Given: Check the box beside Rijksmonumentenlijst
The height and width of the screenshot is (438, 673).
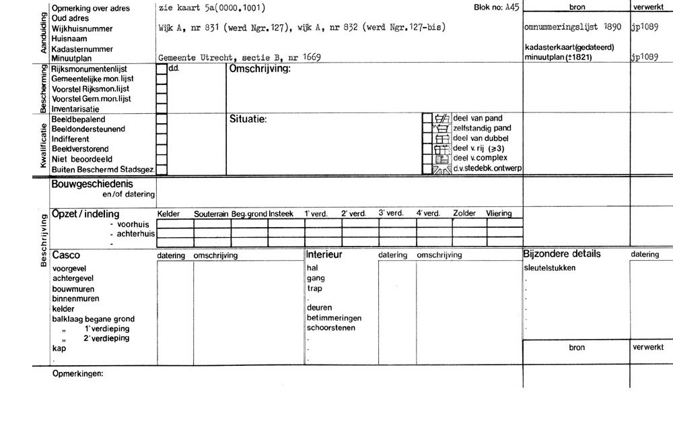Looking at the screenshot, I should tap(162, 69).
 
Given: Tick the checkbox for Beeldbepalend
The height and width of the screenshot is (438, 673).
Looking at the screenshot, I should tap(162, 119).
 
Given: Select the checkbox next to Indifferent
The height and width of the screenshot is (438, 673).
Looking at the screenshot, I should tap(162, 139).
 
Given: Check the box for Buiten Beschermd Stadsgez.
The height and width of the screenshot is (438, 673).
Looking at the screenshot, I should tap(162, 169).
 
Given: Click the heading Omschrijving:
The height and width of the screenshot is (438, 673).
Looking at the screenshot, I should tap(260, 69).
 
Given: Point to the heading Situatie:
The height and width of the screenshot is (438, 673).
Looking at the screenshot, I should tap(248, 119).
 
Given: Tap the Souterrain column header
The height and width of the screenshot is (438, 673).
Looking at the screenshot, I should tap(212, 214).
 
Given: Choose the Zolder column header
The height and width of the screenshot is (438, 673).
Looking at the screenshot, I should tap(464, 214).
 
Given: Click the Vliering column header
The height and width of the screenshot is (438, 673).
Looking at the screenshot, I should tap(499, 214).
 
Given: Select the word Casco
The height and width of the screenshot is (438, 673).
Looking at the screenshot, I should tap(66, 255).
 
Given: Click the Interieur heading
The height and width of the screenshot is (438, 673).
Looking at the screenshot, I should tap(324, 255).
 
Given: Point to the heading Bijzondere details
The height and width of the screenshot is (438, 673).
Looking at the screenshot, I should tap(561, 254).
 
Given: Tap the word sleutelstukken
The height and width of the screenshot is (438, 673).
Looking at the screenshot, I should tap(549, 268).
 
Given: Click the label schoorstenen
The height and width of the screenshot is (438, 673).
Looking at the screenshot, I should tap(331, 328).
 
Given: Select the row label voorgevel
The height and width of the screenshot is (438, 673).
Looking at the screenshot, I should tap(69, 268).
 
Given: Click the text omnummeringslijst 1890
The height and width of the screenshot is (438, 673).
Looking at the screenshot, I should tap(572, 29).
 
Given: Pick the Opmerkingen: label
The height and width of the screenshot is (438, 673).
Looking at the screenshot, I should tap(78, 373).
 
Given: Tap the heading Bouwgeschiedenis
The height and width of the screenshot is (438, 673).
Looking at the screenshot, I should tap(92, 183).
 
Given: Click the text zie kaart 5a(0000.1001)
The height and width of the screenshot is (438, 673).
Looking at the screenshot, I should tap(211, 8).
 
